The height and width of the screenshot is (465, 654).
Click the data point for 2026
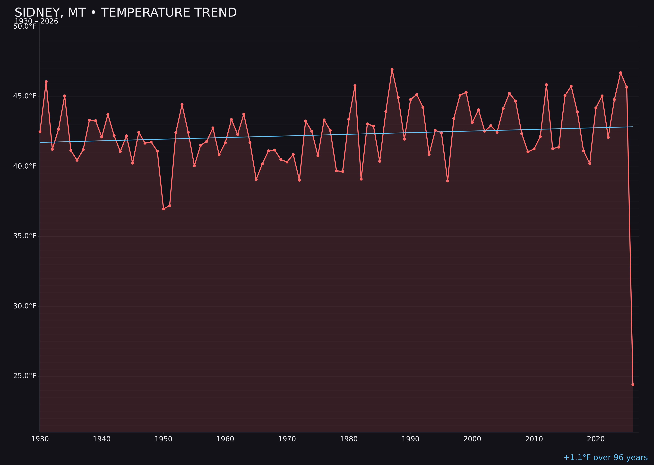click(x=633, y=385)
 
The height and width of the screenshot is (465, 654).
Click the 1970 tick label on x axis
click(x=287, y=439)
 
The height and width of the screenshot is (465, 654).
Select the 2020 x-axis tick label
click(x=596, y=439)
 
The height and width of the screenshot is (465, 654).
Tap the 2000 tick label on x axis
click(x=472, y=439)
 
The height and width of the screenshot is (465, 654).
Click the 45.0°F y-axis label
click(x=25, y=96)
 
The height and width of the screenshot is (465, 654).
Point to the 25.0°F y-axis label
click(x=25, y=376)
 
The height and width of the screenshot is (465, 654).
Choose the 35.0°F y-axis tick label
click(x=25, y=236)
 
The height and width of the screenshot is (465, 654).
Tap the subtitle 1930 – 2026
click(x=36, y=21)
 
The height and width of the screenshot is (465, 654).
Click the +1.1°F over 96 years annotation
click(x=605, y=457)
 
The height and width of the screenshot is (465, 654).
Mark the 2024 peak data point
click(x=620, y=73)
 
